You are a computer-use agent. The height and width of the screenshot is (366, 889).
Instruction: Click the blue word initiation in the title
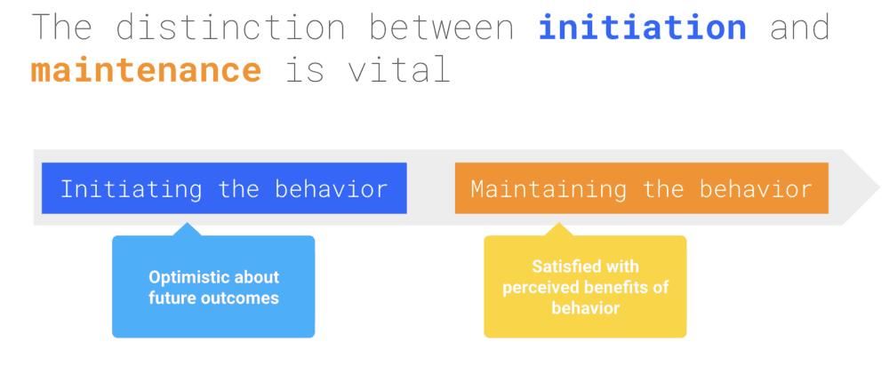coord(643,27)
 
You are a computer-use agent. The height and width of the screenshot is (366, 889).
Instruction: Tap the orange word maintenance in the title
coord(146,69)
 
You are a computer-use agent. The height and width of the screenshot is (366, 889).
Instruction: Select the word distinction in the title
coord(230,27)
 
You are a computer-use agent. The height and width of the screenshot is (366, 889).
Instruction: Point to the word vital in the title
coord(398,69)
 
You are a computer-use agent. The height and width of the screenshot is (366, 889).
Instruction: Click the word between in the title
coord(442,27)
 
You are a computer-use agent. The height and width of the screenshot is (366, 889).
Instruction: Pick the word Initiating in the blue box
coord(131,189)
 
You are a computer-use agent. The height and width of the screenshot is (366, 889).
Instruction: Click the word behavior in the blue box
coord(331,188)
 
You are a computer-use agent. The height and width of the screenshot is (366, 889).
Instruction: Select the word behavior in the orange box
coord(756,188)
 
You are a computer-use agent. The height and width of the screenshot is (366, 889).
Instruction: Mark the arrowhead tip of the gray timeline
coord(879,187)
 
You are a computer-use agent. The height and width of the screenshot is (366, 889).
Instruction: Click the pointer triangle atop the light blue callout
coord(187,229)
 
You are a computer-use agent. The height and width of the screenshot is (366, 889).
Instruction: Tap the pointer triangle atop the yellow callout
coord(558,229)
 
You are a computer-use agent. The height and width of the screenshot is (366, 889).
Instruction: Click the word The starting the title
coord(60,27)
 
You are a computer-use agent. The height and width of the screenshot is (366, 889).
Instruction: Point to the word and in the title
coord(800,27)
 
